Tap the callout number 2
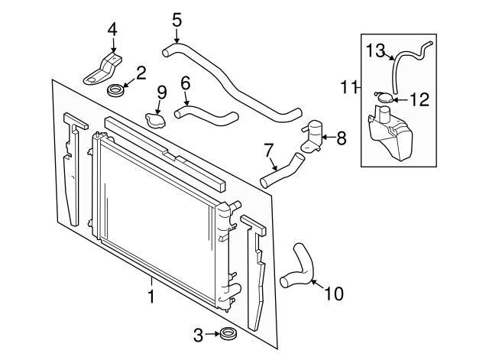pyautogui.click(x=141, y=73)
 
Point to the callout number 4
pyautogui.click(x=112, y=30)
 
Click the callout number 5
pyautogui.click(x=176, y=18)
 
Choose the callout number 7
pyautogui.click(x=269, y=151)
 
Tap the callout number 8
pyautogui.click(x=341, y=138)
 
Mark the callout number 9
pyautogui.click(x=161, y=92)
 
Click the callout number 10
pyautogui.click(x=334, y=294)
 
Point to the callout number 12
pyautogui.click(x=419, y=99)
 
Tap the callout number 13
pyautogui.click(x=376, y=51)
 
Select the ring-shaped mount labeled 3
pyautogui.click(x=226, y=334)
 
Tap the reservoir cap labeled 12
pyautogui.click(x=385, y=96)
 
